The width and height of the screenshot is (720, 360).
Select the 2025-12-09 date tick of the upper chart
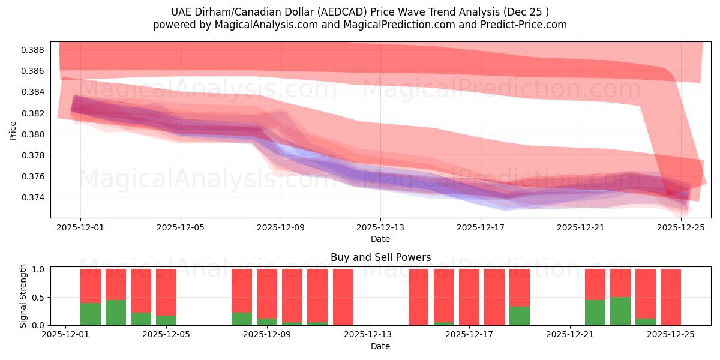281,228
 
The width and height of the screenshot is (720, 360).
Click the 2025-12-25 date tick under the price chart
681,228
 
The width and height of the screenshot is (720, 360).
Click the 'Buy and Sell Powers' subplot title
380,257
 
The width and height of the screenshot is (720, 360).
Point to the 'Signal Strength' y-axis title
23,296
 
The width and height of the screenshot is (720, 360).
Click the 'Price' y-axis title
13,130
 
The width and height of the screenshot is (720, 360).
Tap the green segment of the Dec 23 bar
620,311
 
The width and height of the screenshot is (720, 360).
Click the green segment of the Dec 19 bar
520,316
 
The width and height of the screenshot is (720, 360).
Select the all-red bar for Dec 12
343,297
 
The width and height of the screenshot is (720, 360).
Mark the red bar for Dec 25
671,297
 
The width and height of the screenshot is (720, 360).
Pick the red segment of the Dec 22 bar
595,284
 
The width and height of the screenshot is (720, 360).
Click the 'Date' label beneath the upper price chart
380,239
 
